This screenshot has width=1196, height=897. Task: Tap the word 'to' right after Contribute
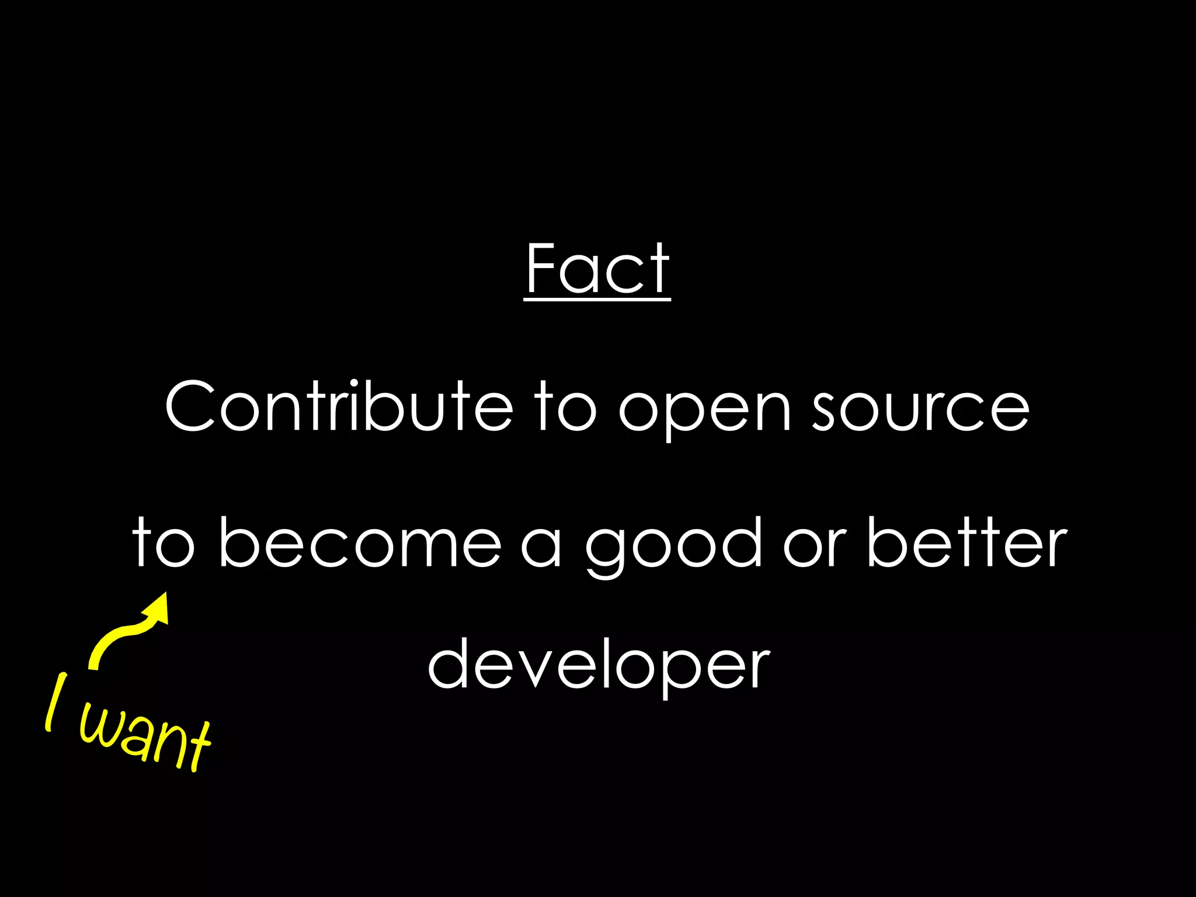566,406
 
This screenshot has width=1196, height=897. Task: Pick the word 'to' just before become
164,543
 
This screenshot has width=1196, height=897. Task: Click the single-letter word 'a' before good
541,546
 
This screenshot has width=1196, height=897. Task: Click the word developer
599,666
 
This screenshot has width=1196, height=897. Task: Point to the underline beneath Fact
597,300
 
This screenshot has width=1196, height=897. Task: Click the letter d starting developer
451,663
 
